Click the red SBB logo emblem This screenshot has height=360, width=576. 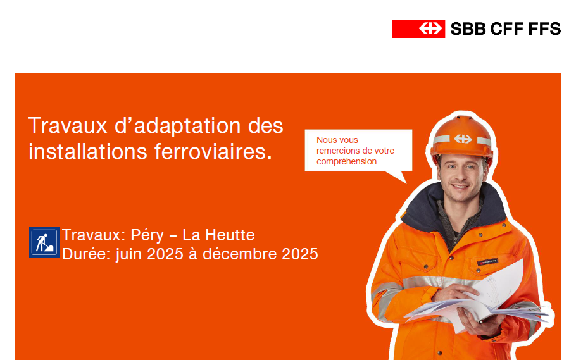tap(418, 28)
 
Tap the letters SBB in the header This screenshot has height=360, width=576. tap(468, 28)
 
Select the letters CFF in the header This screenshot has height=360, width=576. tap(506, 28)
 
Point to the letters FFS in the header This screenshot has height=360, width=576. tap(544, 28)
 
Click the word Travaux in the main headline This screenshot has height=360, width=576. tap(68, 126)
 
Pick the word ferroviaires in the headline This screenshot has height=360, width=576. tap(213, 151)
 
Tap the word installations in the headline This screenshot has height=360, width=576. tap(88, 151)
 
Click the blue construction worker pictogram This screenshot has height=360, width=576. tap(44, 242)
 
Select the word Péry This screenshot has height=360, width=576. tap(147, 236)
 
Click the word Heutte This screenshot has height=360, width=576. tap(230, 235)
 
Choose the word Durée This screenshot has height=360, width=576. tap(86, 254)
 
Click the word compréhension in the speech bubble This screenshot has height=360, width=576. tap(347, 161)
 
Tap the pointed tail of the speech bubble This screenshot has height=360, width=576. tap(405, 183)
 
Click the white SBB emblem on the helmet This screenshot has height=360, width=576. tap(463, 139)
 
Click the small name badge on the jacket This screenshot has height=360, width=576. tap(487, 262)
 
